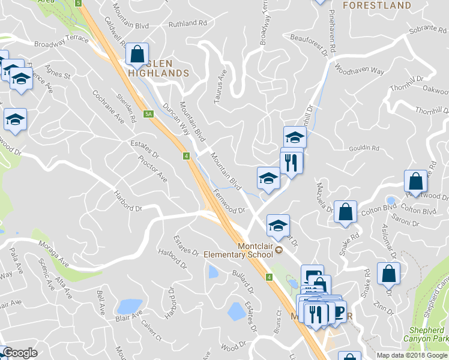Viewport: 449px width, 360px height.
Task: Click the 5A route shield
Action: pyautogui.click(x=149, y=113)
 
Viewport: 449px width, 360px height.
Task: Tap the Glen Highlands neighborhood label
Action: pyautogui.click(x=160, y=68)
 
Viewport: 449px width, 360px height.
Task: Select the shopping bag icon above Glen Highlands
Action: pyautogui.click(x=137, y=53)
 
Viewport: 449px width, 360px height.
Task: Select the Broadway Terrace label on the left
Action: pyautogui.click(x=61, y=42)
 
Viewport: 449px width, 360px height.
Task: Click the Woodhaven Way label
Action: pyautogui.click(x=360, y=68)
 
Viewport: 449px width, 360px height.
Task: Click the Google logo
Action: pyautogui.click(x=19, y=353)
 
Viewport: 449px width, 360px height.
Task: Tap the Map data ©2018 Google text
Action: pyautogui.click(x=412, y=355)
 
